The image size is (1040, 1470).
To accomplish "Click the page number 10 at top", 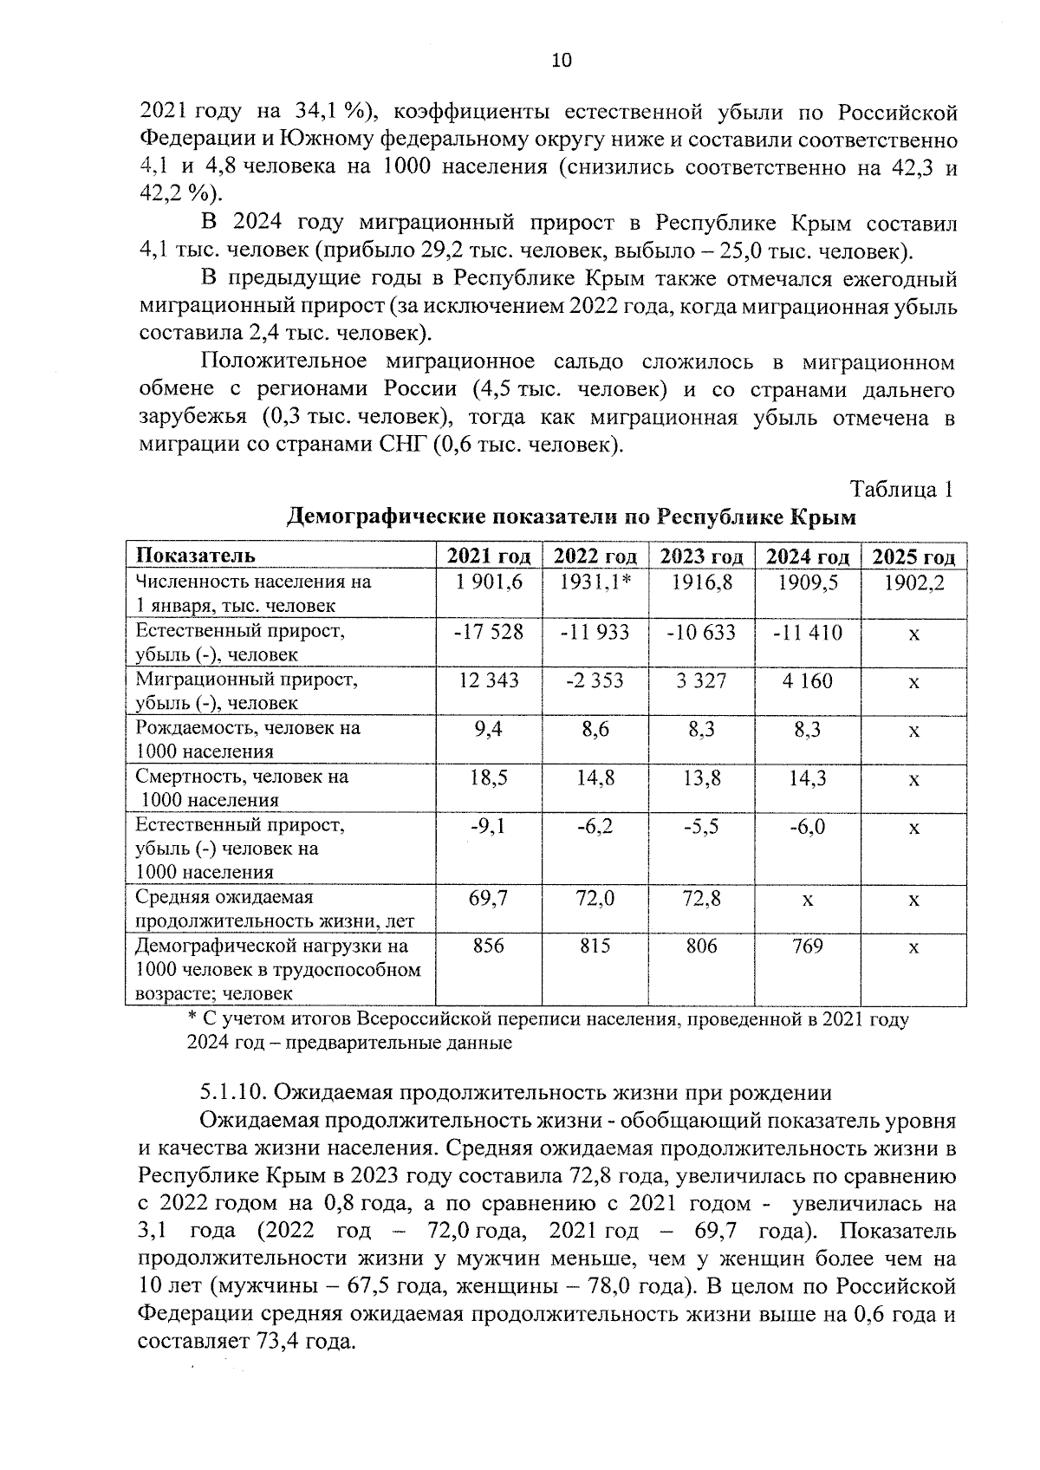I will [x=561, y=60].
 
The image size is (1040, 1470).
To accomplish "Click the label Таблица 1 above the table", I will [x=902, y=489].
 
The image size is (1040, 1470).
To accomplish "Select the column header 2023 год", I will [x=701, y=556].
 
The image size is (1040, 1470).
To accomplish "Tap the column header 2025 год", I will [x=913, y=556].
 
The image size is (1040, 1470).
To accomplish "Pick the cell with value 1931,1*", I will [x=595, y=583].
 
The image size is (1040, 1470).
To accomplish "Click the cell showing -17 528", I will [x=489, y=632].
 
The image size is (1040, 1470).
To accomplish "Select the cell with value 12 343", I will [x=489, y=680].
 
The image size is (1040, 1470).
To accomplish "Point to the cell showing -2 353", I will [x=595, y=680].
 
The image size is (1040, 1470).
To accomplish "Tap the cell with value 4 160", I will [x=807, y=680].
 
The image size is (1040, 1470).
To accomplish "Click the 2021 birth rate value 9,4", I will [x=489, y=729].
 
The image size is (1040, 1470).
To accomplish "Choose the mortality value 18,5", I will [x=489, y=777].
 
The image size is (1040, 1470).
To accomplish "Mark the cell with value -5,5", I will [x=701, y=826].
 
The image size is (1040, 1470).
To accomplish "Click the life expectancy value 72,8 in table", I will [x=701, y=899].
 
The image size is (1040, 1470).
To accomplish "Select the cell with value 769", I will [x=807, y=946].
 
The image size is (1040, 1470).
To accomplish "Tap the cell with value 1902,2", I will [x=913, y=583].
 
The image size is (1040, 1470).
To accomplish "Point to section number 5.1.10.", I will [x=233, y=1092].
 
